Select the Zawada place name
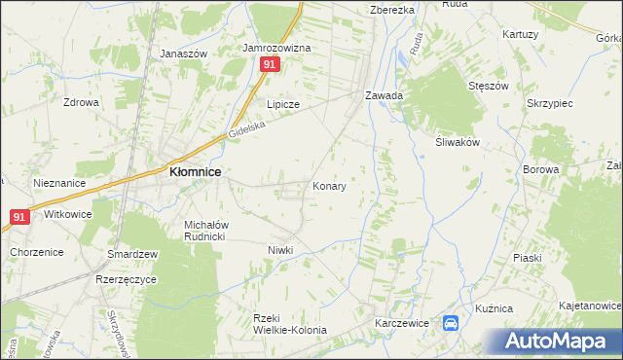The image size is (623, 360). click(384, 96)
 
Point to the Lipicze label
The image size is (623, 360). click(283, 103)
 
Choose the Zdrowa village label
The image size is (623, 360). click(82, 101)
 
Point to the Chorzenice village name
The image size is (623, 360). click(37, 252)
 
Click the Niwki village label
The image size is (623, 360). click(280, 250)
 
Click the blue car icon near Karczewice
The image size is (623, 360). click(452, 324)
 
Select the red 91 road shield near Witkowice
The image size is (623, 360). click(18, 218)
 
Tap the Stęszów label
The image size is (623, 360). click(489, 86)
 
